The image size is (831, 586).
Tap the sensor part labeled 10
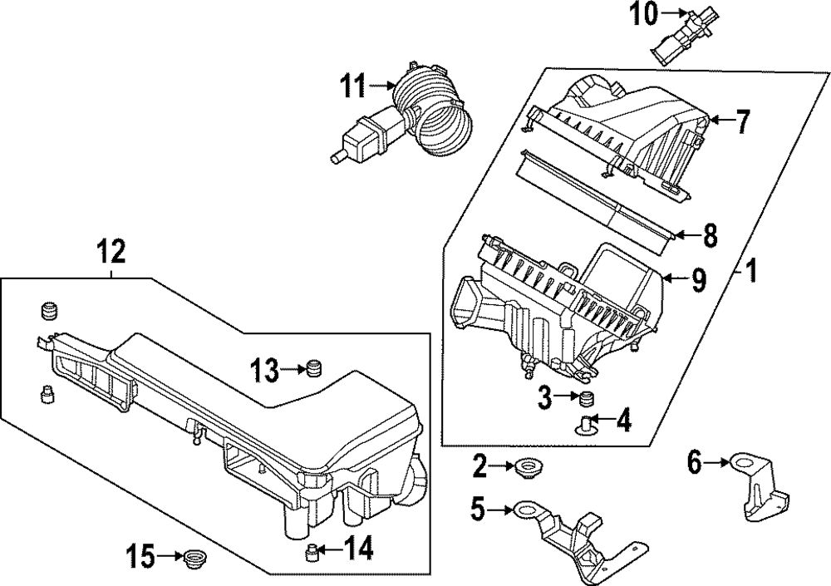click(x=677, y=38)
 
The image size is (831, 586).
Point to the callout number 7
click(x=742, y=123)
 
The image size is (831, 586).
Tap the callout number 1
click(x=750, y=271)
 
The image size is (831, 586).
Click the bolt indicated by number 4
click(x=589, y=425)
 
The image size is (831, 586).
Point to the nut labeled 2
click(x=524, y=468)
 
